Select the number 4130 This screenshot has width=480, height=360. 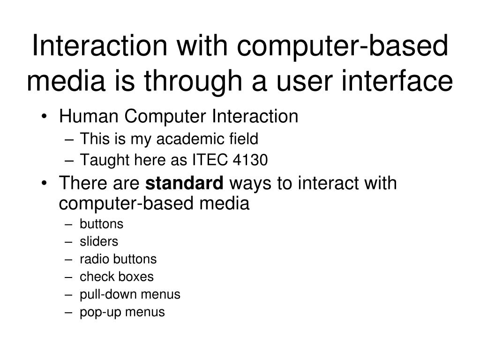coord(250,160)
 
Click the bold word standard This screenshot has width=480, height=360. coord(185,183)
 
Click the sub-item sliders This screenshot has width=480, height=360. coord(98,241)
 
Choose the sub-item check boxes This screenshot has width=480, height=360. coord(116,277)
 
